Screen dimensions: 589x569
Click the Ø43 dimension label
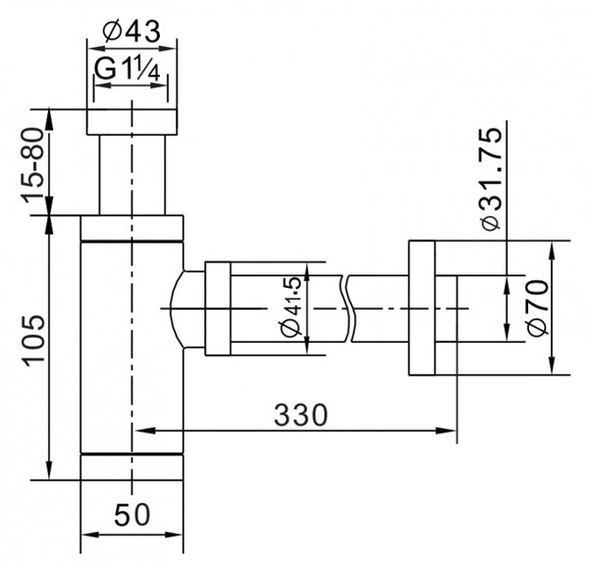132,31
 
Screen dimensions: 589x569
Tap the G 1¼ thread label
128,69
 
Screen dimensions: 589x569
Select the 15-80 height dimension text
32,166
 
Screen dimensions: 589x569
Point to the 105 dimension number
33,341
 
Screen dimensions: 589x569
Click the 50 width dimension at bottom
132,515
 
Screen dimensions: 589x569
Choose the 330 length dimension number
300,415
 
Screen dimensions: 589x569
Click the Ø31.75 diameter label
490,180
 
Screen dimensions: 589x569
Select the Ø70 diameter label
538,308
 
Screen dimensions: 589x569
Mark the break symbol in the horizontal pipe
348,309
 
